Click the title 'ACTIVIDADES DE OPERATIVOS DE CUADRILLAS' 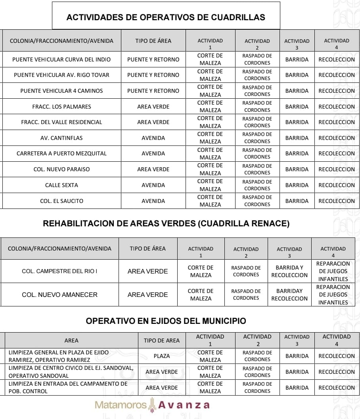(x=166, y=17)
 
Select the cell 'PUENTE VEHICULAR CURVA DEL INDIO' (x=61, y=59)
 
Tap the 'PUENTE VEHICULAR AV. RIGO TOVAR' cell (x=61, y=75)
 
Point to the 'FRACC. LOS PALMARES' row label (x=61, y=107)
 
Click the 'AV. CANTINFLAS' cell (x=61, y=138)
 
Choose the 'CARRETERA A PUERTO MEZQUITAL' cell (x=61, y=153)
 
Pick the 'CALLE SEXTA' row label (x=61, y=185)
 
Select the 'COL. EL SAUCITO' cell (x=61, y=201)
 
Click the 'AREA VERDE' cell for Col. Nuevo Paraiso (x=153, y=169)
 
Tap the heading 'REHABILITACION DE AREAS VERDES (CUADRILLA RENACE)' (x=166, y=224)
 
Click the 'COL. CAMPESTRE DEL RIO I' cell (x=59, y=272)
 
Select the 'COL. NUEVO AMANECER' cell (x=59, y=295)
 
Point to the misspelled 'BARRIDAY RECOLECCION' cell (x=289, y=295)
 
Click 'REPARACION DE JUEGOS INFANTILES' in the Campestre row (x=333, y=271)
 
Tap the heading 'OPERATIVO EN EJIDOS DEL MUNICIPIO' (x=166, y=321)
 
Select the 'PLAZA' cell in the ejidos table (x=162, y=356)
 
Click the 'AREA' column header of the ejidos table (x=71, y=341)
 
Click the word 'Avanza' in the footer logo (x=184, y=405)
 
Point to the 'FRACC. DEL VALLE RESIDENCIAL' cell (x=61, y=122)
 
